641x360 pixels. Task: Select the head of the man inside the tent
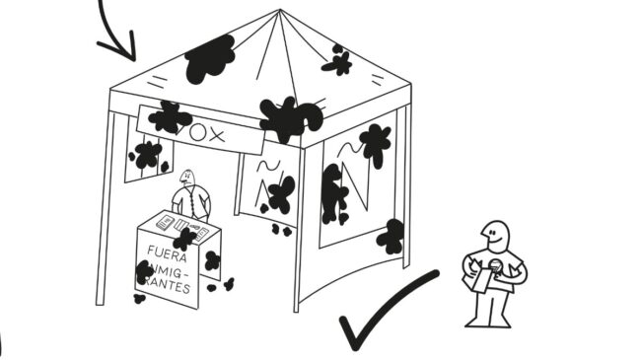tap(186, 178)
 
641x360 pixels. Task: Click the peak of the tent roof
tap(279, 12)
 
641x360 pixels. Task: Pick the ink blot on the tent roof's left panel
tap(210, 59)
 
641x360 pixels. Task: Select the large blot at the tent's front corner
tap(289, 118)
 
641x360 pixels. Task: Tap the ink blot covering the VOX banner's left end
tap(170, 118)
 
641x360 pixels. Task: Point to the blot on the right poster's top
tap(374, 143)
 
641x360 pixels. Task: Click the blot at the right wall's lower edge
tap(392, 236)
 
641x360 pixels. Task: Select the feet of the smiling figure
tap(490, 321)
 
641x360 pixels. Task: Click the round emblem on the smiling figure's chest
tap(513, 265)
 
